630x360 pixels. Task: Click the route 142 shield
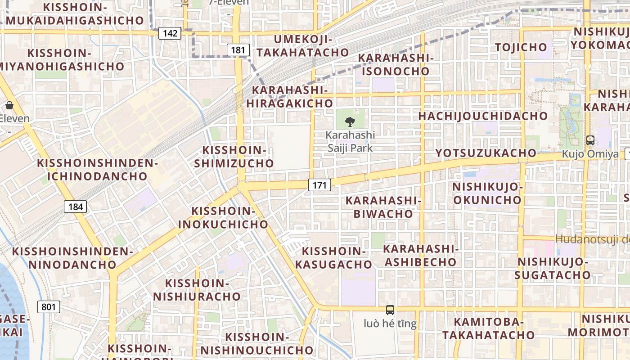point(170,33)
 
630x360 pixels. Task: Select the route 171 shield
point(319,184)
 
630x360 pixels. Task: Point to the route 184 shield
point(75,207)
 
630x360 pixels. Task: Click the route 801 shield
point(49,307)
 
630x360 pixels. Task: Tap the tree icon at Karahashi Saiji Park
point(350,121)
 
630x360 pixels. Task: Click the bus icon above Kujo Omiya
point(590,140)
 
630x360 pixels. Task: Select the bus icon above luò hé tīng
point(390,310)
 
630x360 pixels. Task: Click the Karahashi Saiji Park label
point(350,141)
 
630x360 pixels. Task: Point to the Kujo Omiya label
point(590,154)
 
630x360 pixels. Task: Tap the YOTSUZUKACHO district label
point(486,153)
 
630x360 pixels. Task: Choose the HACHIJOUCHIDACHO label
point(483,116)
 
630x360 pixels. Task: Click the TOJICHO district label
point(521,47)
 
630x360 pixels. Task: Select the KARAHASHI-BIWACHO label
point(383,207)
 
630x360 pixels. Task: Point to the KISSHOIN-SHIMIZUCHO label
point(234,157)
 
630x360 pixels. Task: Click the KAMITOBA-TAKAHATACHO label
point(488,328)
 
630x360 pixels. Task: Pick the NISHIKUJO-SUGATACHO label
point(553,268)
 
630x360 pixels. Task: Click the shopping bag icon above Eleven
point(9,106)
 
